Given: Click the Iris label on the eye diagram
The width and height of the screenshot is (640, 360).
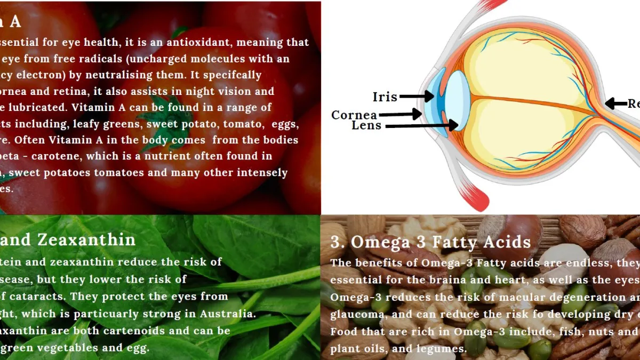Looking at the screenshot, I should [385, 97].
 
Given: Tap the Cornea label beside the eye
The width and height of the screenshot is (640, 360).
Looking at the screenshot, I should [354, 115].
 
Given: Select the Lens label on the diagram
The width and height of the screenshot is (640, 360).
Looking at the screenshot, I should [366, 126].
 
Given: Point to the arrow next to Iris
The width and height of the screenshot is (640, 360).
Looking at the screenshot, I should [417, 97].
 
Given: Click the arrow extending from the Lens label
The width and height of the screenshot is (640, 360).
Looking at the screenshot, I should [421, 126].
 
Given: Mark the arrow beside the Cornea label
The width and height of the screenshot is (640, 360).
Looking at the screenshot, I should [400, 114].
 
